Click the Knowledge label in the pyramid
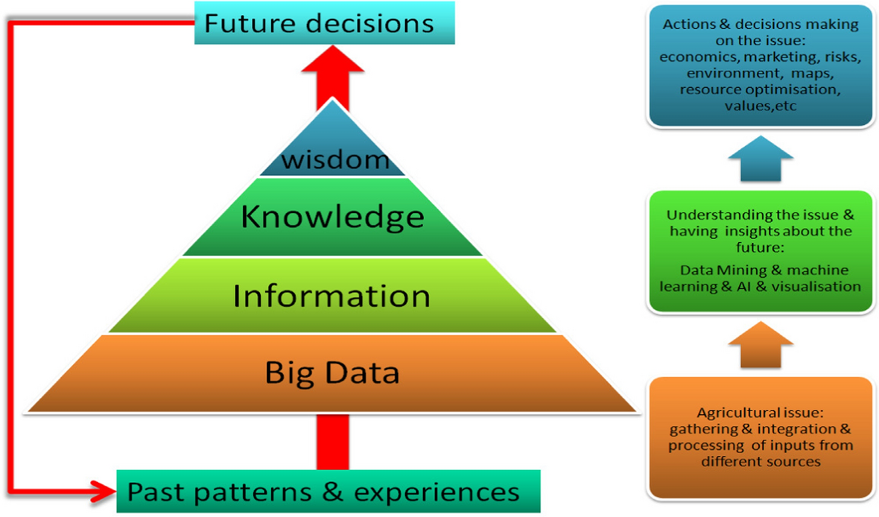[x=332, y=217]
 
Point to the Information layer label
[x=331, y=296]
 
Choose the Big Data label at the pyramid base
[x=332, y=372]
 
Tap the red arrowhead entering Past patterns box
[x=106, y=491]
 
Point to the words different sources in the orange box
[x=761, y=461]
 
